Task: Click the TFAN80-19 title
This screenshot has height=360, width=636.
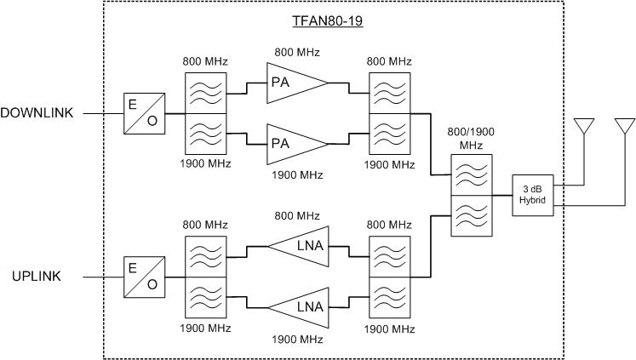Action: pyautogui.click(x=329, y=20)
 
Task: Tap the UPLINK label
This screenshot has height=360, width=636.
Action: pyautogui.click(x=35, y=277)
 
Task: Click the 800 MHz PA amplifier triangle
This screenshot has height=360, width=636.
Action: pyautogui.click(x=294, y=82)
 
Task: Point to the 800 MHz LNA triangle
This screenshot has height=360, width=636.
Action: pyautogui.click(x=301, y=246)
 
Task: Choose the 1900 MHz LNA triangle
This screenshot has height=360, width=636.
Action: pyautogui.click(x=301, y=306)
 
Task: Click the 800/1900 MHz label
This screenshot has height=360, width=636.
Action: pyautogui.click(x=471, y=139)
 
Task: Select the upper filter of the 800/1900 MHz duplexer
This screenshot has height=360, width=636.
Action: pyautogui.click(x=471, y=174)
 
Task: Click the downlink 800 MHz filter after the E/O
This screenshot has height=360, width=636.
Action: pyautogui.click(x=205, y=91)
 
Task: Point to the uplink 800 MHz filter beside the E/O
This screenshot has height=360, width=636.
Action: pyautogui.click(x=205, y=255)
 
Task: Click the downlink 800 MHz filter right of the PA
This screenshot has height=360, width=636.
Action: pyautogui.click(x=389, y=91)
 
